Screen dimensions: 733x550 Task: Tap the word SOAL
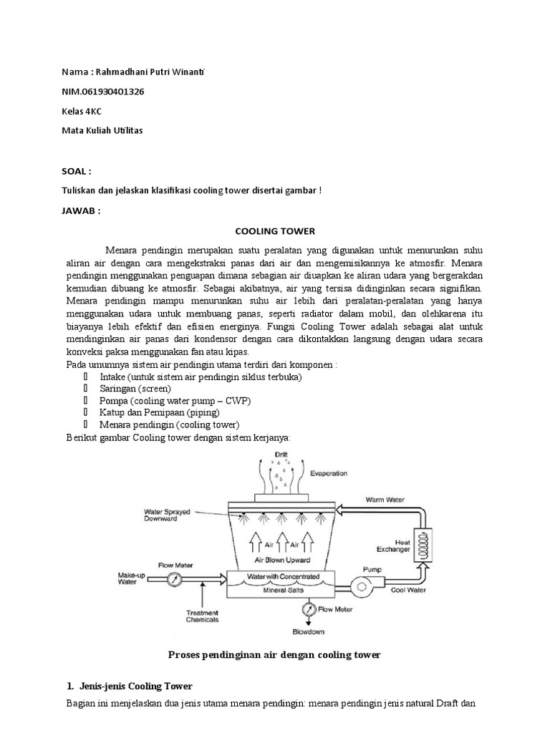(x=77, y=172)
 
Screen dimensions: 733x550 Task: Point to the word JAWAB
(x=80, y=212)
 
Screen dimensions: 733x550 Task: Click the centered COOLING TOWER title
(x=275, y=231)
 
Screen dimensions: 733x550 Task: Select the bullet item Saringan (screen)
(x=135, y=389)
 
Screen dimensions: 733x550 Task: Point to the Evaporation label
(x=329, y=473)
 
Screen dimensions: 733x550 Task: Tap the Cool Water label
(x=408, y=591)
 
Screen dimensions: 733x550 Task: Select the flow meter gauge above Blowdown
(x=308, y=608)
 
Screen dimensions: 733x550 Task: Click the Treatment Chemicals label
(x=203, y=616)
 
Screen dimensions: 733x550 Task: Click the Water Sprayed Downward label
(x=167, y=515)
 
